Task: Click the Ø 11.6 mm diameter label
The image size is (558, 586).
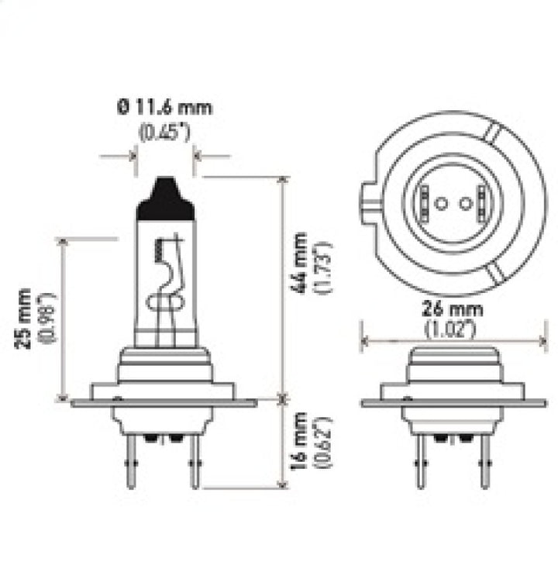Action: click(165, 108)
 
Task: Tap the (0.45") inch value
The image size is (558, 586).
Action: click(165, 132)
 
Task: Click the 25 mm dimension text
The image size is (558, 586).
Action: click(25, 319)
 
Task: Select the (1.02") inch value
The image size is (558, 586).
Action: click(453, 329)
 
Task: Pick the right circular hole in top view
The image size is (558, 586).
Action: click(465, 204)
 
